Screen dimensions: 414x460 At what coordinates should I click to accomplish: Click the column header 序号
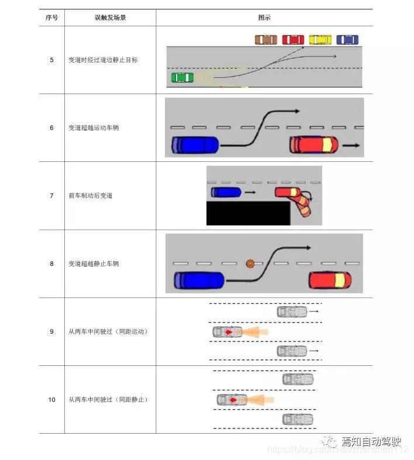coord(51,18)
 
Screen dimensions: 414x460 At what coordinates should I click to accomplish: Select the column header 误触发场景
coord(110,18)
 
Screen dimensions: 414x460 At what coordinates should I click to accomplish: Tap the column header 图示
coord(264,18)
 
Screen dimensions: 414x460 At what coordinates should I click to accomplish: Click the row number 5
coord(51,60)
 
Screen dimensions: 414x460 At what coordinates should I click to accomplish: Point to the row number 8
coord(51,264)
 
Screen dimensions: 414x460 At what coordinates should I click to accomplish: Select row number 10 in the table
coord(51,400)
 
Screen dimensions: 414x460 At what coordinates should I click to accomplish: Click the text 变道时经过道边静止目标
coord(103,60)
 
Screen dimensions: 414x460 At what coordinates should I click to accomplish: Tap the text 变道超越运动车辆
coord(94,128)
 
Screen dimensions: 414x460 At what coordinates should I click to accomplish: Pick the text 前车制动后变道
coord(90,196)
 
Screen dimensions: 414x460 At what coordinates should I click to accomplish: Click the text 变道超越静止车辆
coord(94,264)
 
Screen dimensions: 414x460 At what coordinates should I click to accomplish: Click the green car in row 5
coord(182,77)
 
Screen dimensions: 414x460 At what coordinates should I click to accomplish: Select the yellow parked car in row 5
coord(320,40)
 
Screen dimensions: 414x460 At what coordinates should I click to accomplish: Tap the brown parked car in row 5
coord(265,40)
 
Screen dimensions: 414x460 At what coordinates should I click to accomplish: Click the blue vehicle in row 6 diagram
coord(195,144)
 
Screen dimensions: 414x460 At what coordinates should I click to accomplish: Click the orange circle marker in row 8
coord(250,264)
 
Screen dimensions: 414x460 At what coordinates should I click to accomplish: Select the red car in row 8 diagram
coord(330,281)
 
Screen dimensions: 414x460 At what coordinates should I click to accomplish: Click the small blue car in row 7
coord(226,192)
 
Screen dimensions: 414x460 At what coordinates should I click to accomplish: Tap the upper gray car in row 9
coord(292,312)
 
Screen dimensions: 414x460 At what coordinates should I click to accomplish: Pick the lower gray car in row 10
coord(298,419)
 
